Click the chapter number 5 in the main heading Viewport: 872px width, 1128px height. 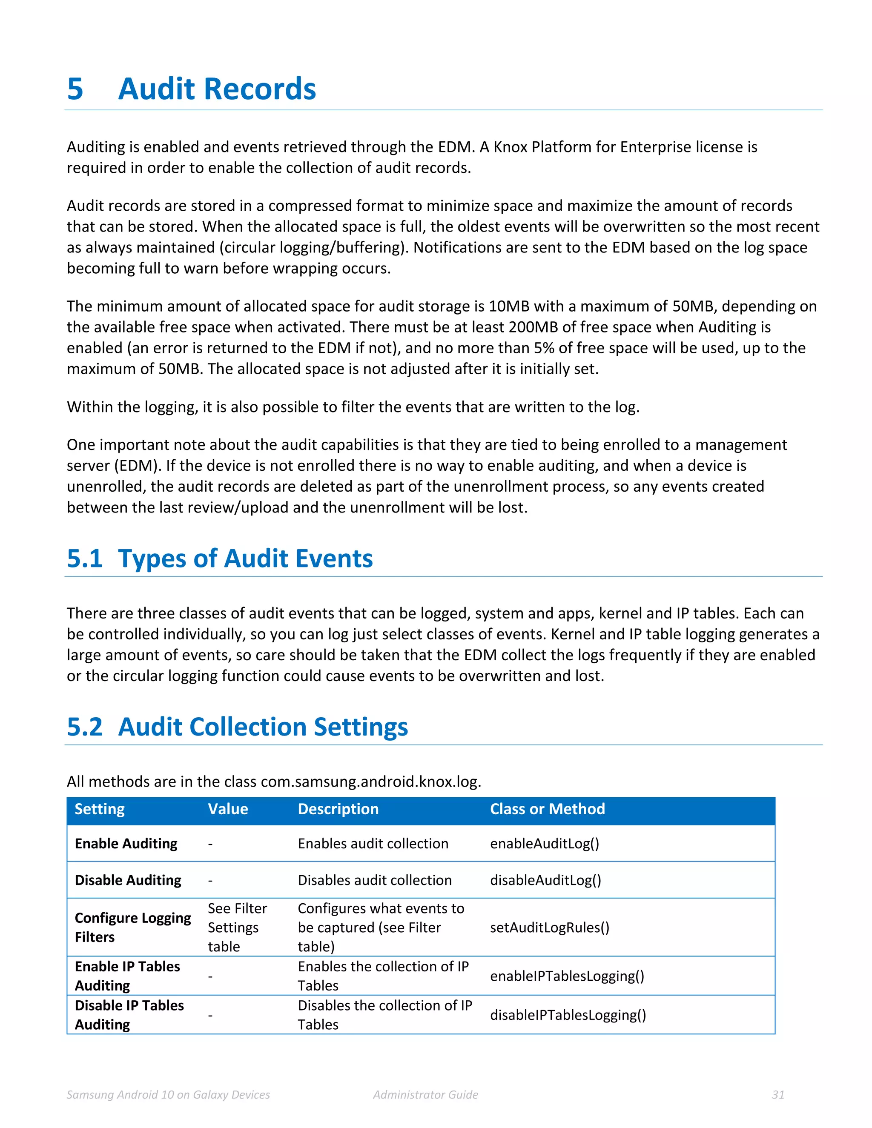[x=75, y=89]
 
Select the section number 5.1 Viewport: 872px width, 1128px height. [x=84, y=559]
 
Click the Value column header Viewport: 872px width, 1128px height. [x=227, y=809]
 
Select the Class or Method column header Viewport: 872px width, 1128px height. [x=547, y=809]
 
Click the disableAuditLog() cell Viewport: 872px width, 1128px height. [x=545, y=880]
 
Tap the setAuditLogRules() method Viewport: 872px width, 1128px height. [x=550, y=928]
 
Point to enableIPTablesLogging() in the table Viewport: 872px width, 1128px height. [x=567, y=976]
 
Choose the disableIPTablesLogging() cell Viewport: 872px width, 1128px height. [x=568, y=1015]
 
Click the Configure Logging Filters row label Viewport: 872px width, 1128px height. [x=132, y=928]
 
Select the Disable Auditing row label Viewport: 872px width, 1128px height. [x=128, y=880]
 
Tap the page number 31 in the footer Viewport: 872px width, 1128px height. [x=778, y=1095]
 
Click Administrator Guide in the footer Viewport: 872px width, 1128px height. [x=425, y=1095]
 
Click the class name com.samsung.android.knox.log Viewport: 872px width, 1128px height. [x=370, y=782]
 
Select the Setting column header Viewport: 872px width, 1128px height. [x=100, y=809]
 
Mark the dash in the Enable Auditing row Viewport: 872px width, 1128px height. [x=210, y=844]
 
